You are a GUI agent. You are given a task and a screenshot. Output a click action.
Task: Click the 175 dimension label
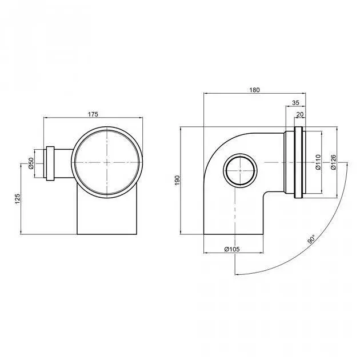93,114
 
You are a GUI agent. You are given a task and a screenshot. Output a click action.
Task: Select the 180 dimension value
255,90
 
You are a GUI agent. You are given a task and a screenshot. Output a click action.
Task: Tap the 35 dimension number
296,103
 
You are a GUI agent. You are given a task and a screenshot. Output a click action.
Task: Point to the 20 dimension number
300,114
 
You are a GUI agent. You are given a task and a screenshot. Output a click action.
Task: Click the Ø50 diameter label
31,163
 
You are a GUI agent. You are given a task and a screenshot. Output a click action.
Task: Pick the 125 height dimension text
18,199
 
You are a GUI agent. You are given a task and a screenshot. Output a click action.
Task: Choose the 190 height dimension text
178,180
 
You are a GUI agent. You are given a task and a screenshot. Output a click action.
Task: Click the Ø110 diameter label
318,162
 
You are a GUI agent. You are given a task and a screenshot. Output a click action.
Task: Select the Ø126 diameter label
333,162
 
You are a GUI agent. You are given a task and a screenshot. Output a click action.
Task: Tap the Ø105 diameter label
232,249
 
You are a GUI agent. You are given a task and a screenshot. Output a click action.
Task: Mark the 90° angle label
311,238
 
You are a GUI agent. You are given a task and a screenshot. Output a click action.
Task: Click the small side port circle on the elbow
240,171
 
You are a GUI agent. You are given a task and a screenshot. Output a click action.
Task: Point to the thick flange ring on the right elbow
298,162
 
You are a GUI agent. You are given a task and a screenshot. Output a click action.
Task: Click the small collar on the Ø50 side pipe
50,163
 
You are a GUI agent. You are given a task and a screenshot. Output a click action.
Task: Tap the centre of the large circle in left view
107,162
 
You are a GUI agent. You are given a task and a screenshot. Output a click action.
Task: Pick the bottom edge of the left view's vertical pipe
107,234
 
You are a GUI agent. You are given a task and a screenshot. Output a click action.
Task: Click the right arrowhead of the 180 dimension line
304,93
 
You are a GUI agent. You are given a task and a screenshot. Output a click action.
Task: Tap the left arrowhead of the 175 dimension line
46,118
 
